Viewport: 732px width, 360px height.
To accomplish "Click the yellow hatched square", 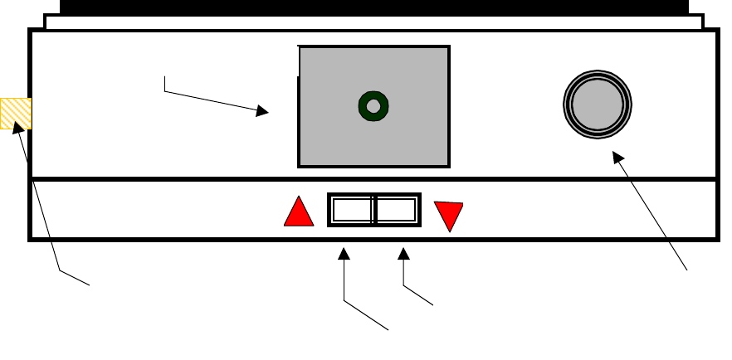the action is pyautogui.click(x=16, y=113).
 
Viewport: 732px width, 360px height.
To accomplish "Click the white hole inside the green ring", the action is pyautogui.click(x=373, y=105).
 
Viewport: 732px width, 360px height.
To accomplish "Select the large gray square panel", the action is pyautogui.click(x=332, y=133).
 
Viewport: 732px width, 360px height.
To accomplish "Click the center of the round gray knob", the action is pyautogui.click(x=597, y=105).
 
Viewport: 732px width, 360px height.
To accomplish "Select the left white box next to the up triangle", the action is pyautogui.click(x=351, y=210).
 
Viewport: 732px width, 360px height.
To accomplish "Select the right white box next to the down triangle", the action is pyautogui.click(x=397, y=210).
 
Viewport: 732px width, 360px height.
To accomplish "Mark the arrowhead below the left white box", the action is pyautogui.click(x=344, y=252).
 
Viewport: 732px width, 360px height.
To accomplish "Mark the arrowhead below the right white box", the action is pyautogui.click(x=403, y=252).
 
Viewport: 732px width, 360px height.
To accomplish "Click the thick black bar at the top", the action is pyautogui.click(x=373, y=7).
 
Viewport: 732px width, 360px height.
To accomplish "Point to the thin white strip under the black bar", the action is pyautogui.click(x=373, y=22).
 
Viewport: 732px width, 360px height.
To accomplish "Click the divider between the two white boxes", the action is pyautogui.click(x=374, y=210).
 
